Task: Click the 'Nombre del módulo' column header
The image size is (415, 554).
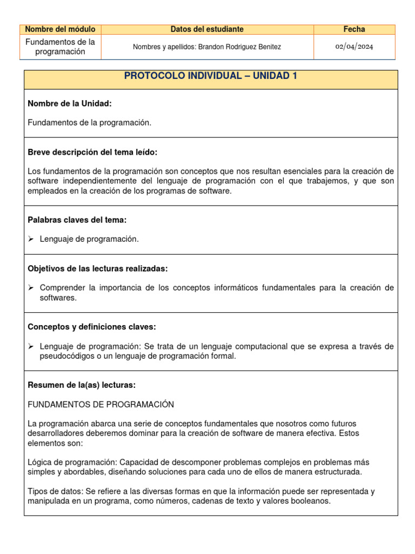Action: tap(60, 29)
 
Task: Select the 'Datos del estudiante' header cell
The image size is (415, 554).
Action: tap(207, 29)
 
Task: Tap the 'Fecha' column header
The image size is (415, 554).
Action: tap(354, 29)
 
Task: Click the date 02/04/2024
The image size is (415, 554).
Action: tap(354, 47)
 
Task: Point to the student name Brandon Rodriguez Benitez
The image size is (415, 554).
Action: tap(239, 47)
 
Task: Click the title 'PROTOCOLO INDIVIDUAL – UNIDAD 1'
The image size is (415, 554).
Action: tap(211, 76)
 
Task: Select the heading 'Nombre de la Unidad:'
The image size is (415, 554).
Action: tap(70, 103)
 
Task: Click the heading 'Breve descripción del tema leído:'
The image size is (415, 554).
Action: tap(92, 152)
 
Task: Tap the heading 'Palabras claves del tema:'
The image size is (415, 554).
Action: tap(77, 220)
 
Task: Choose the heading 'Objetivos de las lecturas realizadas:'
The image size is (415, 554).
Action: tap(97, 268)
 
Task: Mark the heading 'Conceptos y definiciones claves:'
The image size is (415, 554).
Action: tap(91, 327)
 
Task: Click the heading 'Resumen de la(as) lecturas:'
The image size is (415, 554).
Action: tap(82, 385)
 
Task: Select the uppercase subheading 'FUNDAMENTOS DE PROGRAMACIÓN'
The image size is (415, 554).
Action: tap(101, 404)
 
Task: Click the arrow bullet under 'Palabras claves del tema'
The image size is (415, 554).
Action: tap(31, 239)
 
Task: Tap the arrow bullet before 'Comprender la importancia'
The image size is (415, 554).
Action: tap(31, 288)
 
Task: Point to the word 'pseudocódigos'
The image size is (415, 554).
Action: tap(64, 356)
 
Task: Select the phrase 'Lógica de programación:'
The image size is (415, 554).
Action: tap(72, 462)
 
